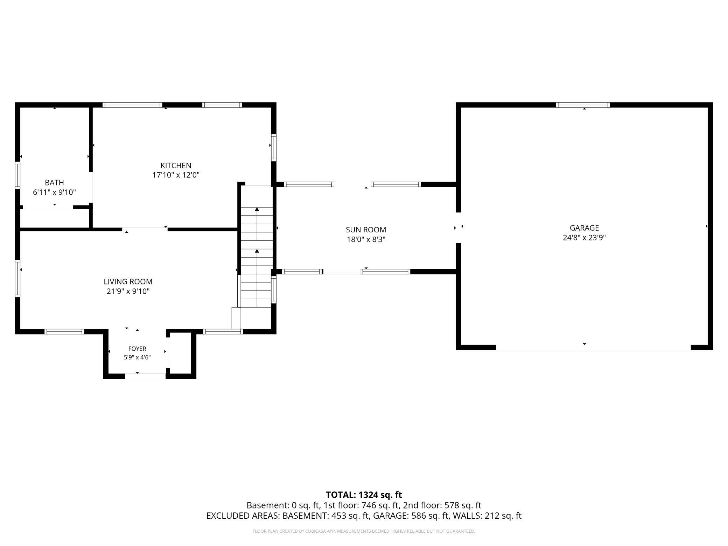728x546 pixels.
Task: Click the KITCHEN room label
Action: point(176,166)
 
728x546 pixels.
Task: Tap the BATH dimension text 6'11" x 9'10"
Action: point(55,192)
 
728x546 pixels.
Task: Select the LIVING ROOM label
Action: point(128,281)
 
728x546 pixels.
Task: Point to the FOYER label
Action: point(137,349)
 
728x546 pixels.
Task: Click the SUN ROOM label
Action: point(366,230)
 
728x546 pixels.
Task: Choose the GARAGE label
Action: point(584,228)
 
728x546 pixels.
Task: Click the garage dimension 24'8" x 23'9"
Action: point(584,238)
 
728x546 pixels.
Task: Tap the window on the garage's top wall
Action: point(583,105)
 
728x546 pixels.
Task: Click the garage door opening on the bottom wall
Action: point(594,348)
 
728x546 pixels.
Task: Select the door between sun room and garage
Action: point(458,228)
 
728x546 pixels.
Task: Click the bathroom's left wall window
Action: point(17,175)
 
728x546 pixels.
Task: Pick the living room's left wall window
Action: point(17,278)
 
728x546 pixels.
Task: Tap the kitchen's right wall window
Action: point(274,147)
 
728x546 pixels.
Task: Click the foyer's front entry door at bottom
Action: point(145,376)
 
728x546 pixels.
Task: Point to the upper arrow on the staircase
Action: point(257,224)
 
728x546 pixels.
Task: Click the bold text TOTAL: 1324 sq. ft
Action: point(364,495)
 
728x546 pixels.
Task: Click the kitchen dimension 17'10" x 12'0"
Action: point(176,175)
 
